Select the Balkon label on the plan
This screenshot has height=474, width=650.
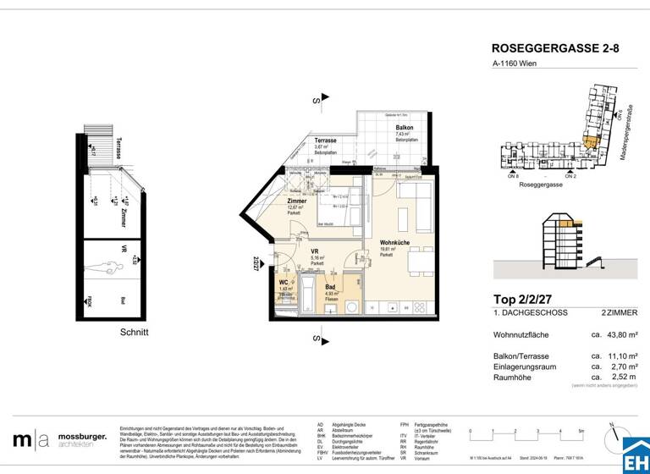point(404,128)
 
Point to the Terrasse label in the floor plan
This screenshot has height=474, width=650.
point(327,141)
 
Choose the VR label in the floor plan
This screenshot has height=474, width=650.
point(315,252)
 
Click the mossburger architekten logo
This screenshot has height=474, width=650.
point(60,439)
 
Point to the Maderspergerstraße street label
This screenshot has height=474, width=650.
point(631,135)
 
